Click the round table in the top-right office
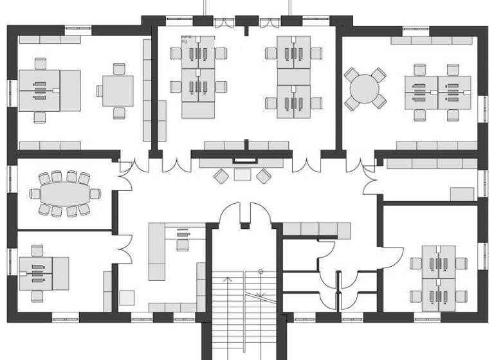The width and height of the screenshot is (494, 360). [x=365, y=88]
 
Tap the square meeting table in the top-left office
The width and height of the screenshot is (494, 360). [x=118, y=91]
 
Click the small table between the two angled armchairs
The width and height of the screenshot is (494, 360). [x=242, y=174]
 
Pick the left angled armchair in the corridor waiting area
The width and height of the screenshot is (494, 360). [x=221, y=175]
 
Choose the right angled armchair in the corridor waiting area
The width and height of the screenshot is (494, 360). [x=264, y=175]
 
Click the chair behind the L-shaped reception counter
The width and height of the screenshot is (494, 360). [x=182, y=244]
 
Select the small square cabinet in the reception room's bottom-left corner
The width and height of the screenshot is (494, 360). [x=127, y=298]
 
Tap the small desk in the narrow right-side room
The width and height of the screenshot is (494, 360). [x=461, y=194]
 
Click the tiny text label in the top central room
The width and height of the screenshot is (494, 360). [x=187, y=39]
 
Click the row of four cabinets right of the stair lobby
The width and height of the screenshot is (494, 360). [x=316, y=230]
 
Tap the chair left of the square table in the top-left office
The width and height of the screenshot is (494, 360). [x=100, y=91]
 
